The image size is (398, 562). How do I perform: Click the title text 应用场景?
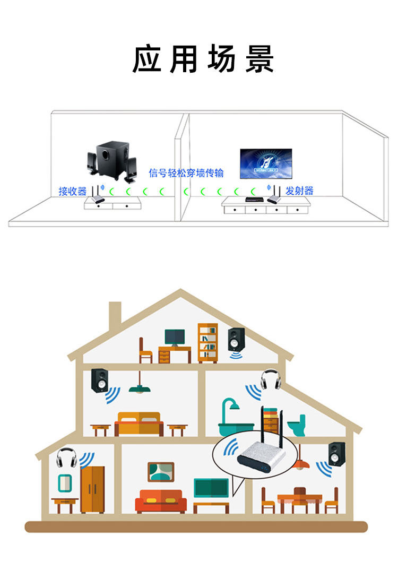(x=203, y=59)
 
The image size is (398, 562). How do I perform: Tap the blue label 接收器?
(x=72, y=191)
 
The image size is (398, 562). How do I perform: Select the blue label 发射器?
(x=299, y=191)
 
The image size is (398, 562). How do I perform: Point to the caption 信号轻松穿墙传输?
(x=186, y=173)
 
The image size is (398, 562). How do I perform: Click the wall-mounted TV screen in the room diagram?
(x=266, y=163)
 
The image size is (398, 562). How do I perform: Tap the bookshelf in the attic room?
(x=207, y=343)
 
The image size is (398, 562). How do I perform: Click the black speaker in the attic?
(x=236, y=340)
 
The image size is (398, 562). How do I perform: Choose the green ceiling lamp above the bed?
(x=139, y=388)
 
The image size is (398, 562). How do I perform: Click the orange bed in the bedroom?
(x=140, y=423)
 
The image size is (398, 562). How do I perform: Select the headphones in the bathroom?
(x=270, y=379)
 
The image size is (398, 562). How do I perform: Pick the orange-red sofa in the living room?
(x=160, y=500)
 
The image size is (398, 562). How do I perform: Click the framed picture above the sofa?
(x=161, y=472)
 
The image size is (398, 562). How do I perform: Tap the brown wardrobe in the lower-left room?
(x=92, y=489)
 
